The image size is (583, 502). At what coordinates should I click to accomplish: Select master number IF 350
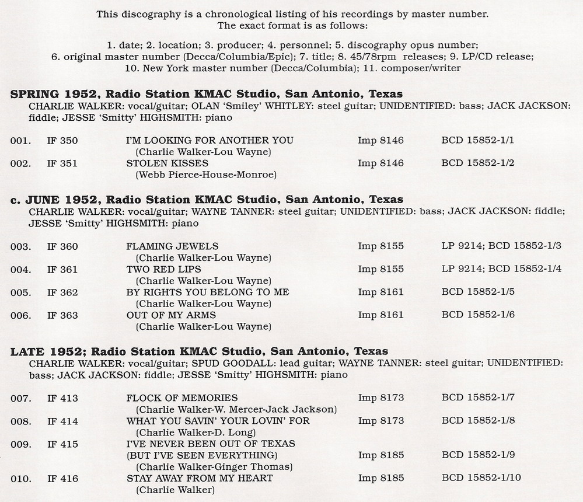tap(62, 140)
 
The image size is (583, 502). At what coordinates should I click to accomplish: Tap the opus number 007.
tap(20, 398)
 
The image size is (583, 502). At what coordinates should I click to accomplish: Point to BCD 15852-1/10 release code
tap(481, 478)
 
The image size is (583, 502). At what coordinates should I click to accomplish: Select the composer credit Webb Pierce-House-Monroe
tap(205, 174)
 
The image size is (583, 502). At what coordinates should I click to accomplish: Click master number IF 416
tap(62, 478)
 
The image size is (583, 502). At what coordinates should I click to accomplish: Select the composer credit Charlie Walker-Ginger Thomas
tap(214, 466)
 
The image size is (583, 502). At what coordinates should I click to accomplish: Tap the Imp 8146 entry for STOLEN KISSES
tap(380, 163)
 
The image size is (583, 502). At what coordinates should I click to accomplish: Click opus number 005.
tap(20, 292)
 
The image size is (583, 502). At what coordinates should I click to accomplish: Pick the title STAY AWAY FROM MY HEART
tap(200, 478)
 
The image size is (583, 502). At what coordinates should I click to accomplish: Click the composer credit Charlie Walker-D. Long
tap(196, 432)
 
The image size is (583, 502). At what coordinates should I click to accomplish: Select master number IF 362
tap(62, 292)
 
